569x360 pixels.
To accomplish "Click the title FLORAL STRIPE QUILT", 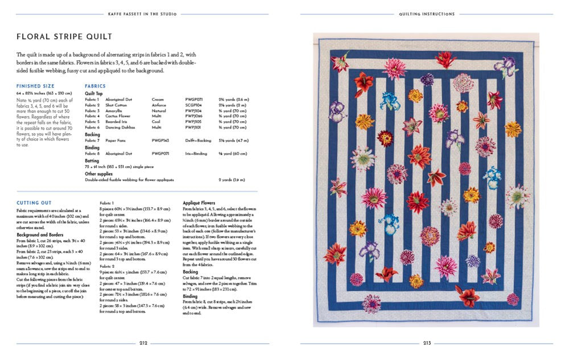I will (x=64, y=36).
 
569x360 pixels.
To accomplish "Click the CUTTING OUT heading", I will (x=34, y=202).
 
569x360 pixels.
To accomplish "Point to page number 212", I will (x=143, y=342).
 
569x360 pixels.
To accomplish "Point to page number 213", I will (x=426, y=342).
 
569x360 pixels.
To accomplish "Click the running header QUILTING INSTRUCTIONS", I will (x=426, y=14).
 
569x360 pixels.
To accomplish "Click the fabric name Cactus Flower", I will (x=118, y=116).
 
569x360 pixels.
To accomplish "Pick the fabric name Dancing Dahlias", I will (x=119, y=127).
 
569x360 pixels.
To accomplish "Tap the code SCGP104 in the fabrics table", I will (x=194, y=105).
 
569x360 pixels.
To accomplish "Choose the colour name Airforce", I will (x=159, y=105).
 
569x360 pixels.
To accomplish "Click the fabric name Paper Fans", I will (x=116, y=140).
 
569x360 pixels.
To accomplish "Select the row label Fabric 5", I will (x=92, y=122).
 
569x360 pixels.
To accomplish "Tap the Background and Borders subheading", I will (x=40, y=234).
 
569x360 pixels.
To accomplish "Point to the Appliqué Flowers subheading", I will (x=199, y=202).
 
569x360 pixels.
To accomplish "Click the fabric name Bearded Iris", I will (x=117, y=122).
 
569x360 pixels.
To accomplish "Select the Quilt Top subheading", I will (x=94, y=93).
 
